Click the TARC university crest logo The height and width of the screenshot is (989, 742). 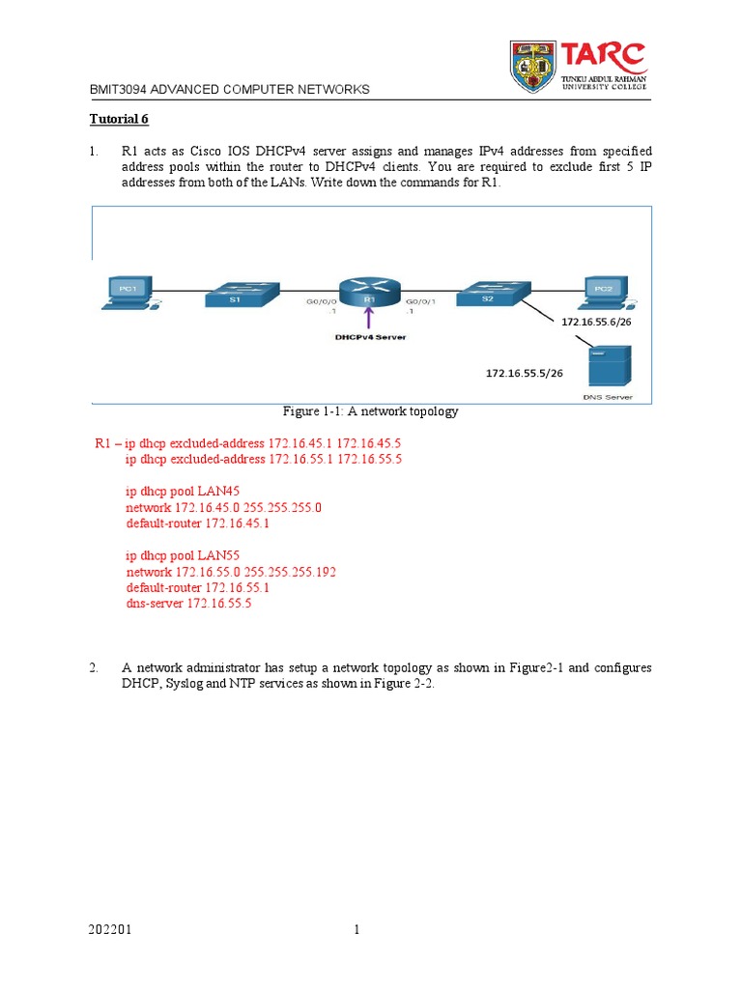(533, 67)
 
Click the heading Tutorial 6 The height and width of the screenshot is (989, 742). (120, 120)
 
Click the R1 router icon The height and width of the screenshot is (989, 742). (368, 291)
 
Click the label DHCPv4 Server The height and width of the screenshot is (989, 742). (371, 337)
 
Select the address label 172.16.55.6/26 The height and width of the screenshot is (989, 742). (600, 321)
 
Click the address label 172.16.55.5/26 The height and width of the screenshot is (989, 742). (524, 372)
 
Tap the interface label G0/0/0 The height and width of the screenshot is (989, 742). (322, 301)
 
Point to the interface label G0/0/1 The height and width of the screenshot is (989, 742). (420, 301)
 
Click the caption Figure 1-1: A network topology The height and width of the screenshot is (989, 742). (370, 411)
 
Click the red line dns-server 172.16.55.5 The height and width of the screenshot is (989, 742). (188, 604)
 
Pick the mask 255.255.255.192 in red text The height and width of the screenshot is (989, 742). (291, 572)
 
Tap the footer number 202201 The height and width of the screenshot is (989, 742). (105, 930)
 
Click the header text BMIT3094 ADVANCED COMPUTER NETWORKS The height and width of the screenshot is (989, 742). (229, 89)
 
